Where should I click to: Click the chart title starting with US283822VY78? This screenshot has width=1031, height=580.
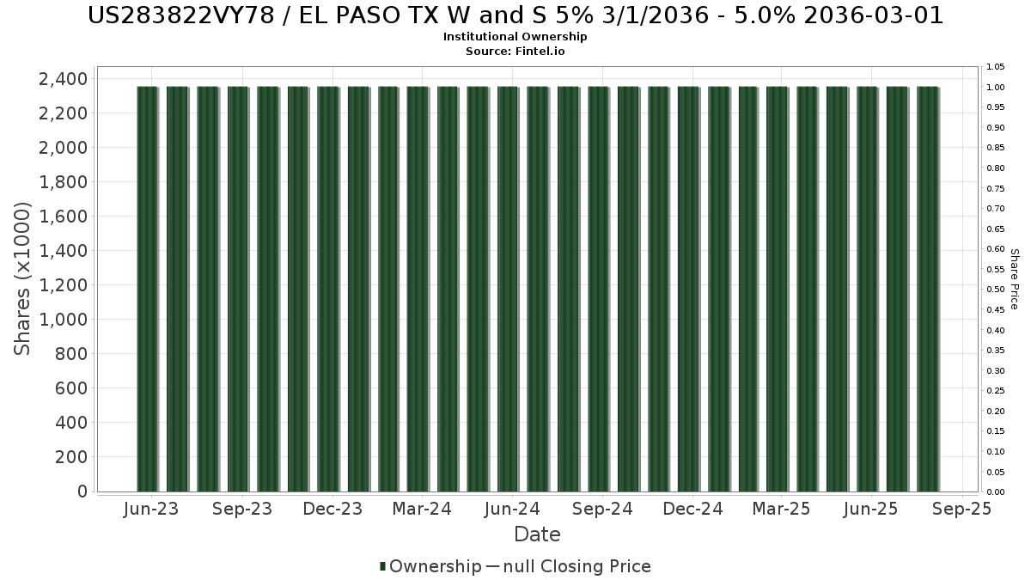515,15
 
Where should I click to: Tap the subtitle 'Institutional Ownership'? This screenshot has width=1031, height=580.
515,37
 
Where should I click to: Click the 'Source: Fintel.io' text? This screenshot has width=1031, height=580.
515,51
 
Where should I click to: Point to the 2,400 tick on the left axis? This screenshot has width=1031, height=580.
63,79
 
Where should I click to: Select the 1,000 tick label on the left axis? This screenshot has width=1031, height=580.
63,320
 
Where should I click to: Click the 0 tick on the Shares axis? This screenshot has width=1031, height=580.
82,491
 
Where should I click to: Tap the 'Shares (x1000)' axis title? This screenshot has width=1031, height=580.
21,279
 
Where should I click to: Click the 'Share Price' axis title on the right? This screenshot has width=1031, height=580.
1015,279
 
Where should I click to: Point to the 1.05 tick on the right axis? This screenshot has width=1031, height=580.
996,67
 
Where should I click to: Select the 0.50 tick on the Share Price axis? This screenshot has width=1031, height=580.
996,290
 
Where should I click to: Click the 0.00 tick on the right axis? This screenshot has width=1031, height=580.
996,492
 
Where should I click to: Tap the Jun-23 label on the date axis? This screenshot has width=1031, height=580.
151,509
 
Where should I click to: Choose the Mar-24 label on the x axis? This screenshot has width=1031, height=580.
422,509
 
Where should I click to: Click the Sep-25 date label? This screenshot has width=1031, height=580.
961,509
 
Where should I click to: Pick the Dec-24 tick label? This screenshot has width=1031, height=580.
692,509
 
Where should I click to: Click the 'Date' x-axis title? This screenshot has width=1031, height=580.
537,534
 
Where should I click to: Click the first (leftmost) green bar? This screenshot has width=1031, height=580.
147,289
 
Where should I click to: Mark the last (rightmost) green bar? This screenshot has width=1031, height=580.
928,289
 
